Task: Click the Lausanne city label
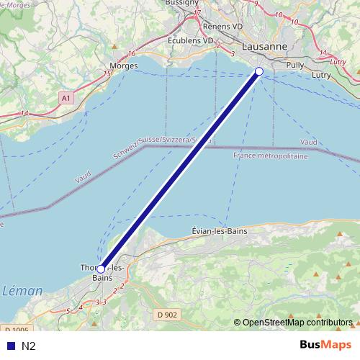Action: (x=264, y=47)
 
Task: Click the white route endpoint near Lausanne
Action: (x=259, y=71)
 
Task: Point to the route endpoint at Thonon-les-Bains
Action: (x=100, y=269)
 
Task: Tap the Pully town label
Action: (x=295, y=64)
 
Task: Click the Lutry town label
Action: (x=321, y=74)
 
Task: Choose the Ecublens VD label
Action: (x=190, y=40)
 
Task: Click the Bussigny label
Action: (x=181, y=3)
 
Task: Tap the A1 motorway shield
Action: (x=66, y=97)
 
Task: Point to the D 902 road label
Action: (x=166, y=314)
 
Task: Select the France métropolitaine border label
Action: (x=271, y=156)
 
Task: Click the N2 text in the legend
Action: (x=28, y=346)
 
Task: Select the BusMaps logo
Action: (x=325, y=344)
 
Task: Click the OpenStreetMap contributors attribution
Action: (x=296, y=322)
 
